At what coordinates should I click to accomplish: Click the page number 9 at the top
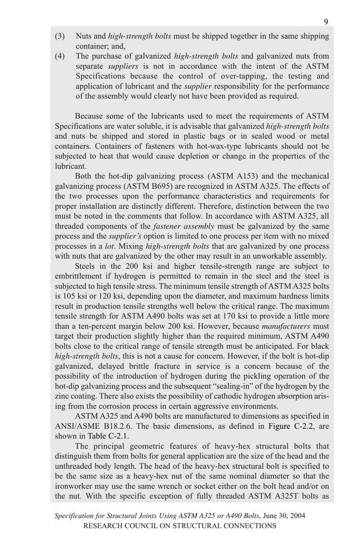tap(326, 21)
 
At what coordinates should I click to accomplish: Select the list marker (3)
tap(60, 36)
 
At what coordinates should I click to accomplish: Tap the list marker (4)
tap(60, 56)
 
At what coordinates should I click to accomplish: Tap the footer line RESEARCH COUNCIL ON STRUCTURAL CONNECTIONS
tap(180, 525)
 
